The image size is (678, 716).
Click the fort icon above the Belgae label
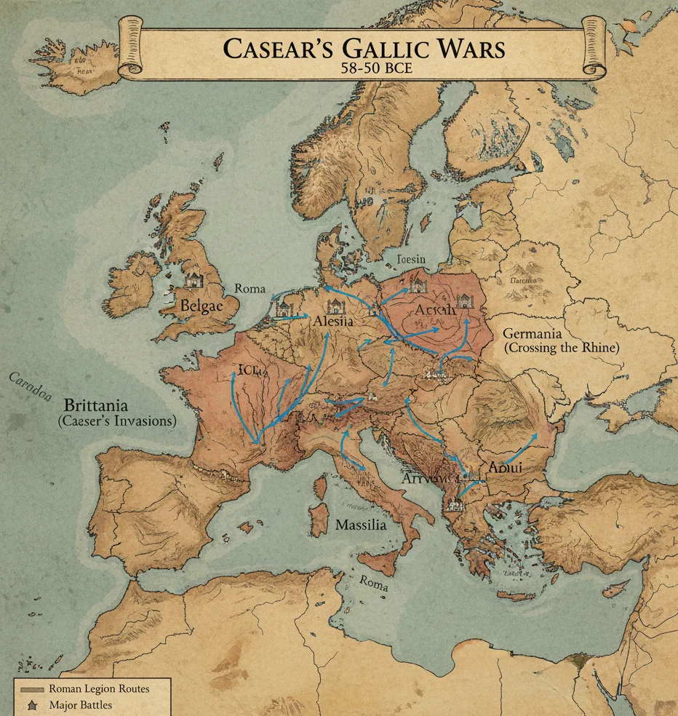194,278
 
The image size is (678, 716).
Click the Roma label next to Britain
250,288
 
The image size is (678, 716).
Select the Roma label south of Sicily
372,584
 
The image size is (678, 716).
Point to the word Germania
532,333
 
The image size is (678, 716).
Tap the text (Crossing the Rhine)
561,348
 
